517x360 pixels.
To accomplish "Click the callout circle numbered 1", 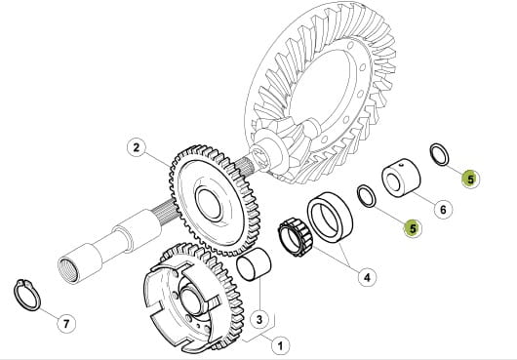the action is point(280,346).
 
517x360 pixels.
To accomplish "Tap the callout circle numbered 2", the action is point(137,147).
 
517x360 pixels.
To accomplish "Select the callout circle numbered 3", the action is point(259,319).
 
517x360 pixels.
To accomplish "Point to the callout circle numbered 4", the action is point(367,277).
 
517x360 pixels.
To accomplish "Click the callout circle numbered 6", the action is point(443,210).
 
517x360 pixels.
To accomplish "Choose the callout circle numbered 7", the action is point(66,324).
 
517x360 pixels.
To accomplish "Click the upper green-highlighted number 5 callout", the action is point(470,179).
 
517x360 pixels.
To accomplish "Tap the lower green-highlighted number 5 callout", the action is point(413,227).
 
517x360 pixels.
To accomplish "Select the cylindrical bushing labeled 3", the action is point(254,265).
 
